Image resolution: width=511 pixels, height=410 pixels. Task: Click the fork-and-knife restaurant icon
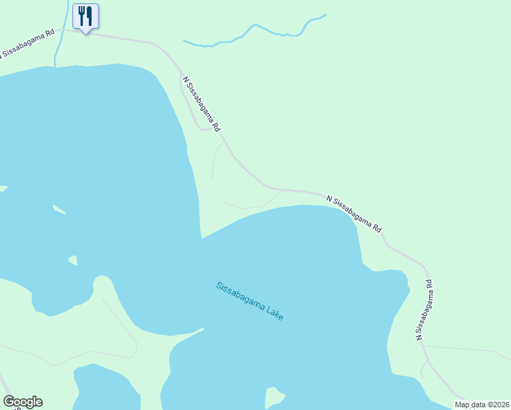click(x=85, y=16)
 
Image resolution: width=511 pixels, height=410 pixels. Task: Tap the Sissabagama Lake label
click(x=249, y=301)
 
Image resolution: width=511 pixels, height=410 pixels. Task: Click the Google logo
click(x=23, y=402)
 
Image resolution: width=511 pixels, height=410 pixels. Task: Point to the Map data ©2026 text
click(x=482, y=405)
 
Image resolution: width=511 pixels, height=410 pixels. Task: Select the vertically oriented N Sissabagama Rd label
click(x=424, y=309)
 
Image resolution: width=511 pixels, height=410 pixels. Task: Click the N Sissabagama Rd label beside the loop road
click(x=202, y=103)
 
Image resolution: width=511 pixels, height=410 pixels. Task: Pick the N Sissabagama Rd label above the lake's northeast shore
click(x=354, y=214)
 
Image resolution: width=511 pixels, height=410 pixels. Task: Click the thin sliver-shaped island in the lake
click(x=59, y=209)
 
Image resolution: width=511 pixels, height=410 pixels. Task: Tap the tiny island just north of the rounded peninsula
click(x=72, y=260)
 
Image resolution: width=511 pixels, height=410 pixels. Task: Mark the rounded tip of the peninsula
click(x=102, y=282)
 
